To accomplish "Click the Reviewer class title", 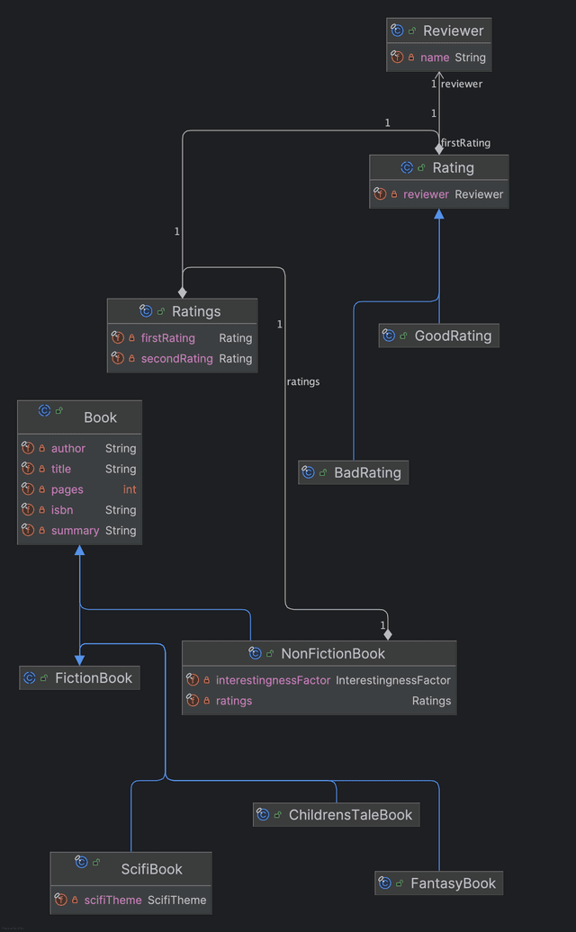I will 453,31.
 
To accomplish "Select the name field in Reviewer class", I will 435,58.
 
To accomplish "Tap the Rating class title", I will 453,167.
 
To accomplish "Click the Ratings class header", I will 195,311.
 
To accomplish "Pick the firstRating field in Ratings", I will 168,338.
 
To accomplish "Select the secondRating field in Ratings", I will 176,359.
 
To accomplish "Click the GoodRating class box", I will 452,336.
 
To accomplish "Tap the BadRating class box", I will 366,472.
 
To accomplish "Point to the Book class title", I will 100,417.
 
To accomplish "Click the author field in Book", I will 68,449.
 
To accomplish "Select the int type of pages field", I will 130,490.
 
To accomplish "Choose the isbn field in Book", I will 62,511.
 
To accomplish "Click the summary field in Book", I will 75,532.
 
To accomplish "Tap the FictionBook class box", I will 93,678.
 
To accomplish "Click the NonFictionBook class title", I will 332,654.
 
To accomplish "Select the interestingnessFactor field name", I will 273,681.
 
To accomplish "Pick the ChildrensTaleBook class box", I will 349,815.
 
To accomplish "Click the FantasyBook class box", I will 452,883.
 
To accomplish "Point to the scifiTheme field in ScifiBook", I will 112,901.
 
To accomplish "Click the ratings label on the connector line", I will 303,382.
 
